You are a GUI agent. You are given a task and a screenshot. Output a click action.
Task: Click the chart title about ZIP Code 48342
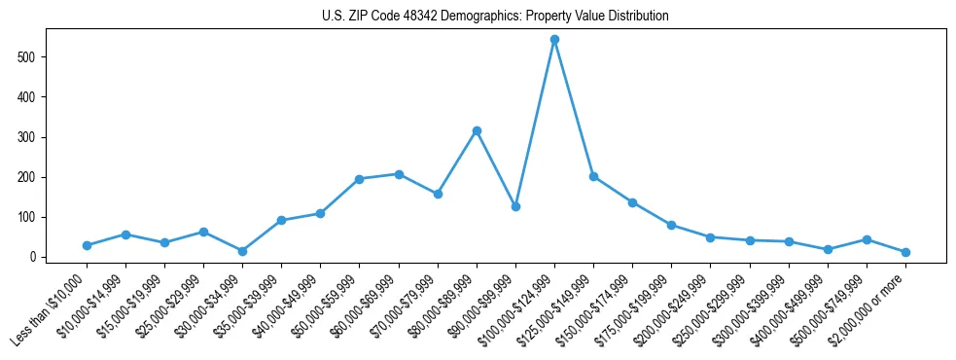[x=495, y=17]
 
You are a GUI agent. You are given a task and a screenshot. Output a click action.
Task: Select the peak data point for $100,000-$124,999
[x=554, y=40]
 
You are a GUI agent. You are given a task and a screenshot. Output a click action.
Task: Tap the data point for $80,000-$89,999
[x=477, y=130]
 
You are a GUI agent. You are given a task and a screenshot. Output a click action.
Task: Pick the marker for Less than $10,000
[x=87, y=245]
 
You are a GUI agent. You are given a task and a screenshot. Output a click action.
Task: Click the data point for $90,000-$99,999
[x=515, y=206]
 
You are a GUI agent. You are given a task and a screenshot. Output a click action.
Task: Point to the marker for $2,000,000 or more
[x=905, y=252]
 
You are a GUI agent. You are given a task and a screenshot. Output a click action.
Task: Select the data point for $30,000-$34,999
[x=242, y=251]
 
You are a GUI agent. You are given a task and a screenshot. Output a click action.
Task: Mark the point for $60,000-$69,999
[x=399, y=174]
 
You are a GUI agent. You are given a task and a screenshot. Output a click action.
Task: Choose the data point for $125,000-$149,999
[x=593, y=176]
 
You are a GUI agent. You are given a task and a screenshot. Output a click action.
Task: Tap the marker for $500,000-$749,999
[x=867, y=239]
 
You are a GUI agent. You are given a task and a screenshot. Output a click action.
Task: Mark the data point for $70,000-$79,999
[x=438, y=194]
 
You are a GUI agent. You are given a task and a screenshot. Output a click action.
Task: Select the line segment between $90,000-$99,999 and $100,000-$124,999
[x=535, y=124]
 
